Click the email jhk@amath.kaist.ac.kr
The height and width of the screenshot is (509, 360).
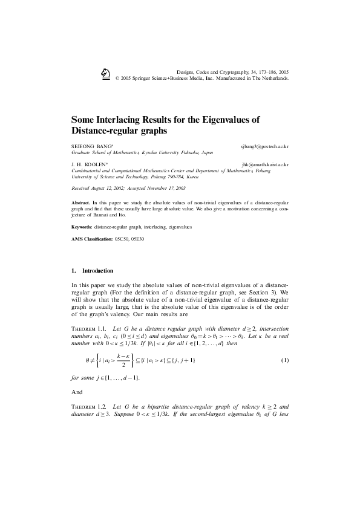(264, 164)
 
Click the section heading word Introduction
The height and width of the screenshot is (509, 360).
(97, 270)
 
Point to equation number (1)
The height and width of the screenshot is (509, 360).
(284, 360)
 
